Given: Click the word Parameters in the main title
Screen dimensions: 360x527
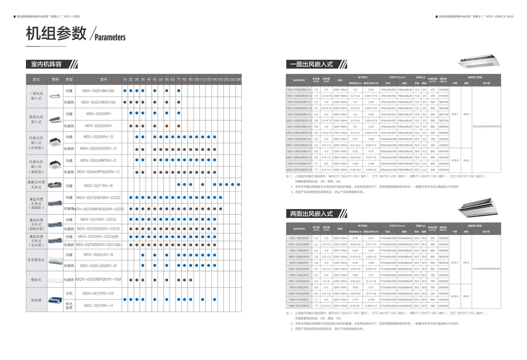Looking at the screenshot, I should point(110,37).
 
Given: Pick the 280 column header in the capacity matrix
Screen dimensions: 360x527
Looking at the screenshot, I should point(238,79).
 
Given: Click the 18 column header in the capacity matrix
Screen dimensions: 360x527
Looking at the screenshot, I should point(125,79).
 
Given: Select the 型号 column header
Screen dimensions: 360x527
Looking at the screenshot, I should point(103,79).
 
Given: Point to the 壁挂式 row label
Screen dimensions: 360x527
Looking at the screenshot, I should point(36,279).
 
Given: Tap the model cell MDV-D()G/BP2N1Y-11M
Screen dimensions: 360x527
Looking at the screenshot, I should point(98,279).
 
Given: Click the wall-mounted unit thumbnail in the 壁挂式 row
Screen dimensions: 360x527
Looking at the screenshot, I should point(55,279).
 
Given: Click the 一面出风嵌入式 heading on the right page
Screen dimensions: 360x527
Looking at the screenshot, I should point(311,64).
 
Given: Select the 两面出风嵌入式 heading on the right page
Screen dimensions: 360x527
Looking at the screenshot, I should point(311,213).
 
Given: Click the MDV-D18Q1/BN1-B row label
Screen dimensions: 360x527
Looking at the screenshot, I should point(299,90).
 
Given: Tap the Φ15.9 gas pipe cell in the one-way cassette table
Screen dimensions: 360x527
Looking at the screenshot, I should point(455,160).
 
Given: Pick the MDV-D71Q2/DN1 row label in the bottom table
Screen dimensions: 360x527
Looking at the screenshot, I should point(299,299).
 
